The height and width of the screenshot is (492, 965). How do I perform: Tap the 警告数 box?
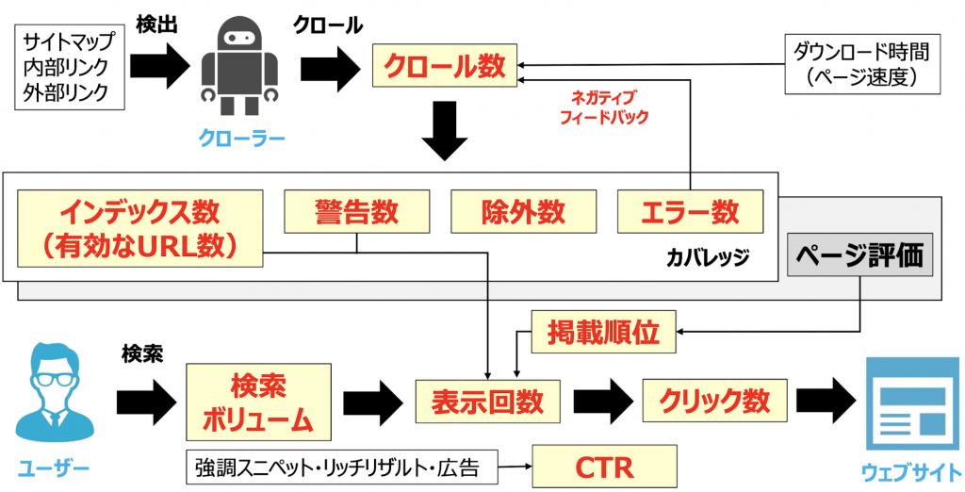(x=356, y=212)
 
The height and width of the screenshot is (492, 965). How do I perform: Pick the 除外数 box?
(x=523, y=212)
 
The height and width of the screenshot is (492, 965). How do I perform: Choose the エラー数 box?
(x=691, y=212)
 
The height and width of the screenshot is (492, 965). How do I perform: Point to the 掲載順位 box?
(x=604, y=332)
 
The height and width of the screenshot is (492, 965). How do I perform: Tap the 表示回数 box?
(x=487, y=401)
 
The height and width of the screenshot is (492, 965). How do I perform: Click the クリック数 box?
(x=715, y=401)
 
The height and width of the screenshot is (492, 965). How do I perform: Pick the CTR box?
(x=605, y=466)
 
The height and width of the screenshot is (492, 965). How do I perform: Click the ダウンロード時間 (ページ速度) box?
(x=862, y=65)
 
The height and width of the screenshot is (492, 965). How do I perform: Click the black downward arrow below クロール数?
(x=444, y=131)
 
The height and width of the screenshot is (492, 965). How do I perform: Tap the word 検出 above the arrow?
(x=155, y=22)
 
